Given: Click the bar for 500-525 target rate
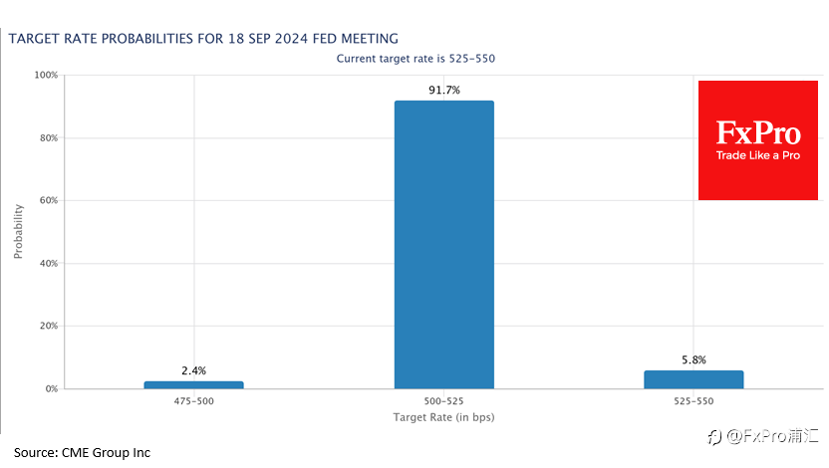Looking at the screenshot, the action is click(x=444, y=245).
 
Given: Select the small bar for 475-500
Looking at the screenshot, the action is click(x=194, y=385).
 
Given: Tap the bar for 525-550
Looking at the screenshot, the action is click(x=693, y=379).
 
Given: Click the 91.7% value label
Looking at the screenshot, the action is click(x=444, y=90).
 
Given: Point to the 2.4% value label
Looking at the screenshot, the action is click(x=194, y=370).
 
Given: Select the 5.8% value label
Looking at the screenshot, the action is click(x=693, y=359).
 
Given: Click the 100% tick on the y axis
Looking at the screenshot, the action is click(x=46, y=75).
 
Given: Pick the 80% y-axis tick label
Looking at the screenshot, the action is click(x=49, y=137).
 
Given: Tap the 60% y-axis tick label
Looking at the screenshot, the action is click(x=49, y=200).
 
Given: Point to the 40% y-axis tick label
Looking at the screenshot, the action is click(x=49, y=263).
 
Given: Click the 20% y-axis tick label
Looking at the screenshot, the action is click(x=49, y=326).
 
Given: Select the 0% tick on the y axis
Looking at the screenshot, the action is click(x=51, y=388).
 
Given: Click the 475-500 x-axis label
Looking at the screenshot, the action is click(x=194, y=401).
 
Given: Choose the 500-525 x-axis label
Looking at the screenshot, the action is click(x=444, y=401).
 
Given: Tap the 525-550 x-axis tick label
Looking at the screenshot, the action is click(x=693, y=401).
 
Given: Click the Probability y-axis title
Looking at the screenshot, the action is click(x=19, y=231).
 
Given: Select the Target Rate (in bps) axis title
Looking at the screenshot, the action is click(x=444, y=417).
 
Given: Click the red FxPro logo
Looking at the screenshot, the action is click(x=758, y=140).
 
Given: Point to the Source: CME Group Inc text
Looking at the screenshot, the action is click(x=82, y=453).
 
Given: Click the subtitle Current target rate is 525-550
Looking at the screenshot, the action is click(x=415, y=59).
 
